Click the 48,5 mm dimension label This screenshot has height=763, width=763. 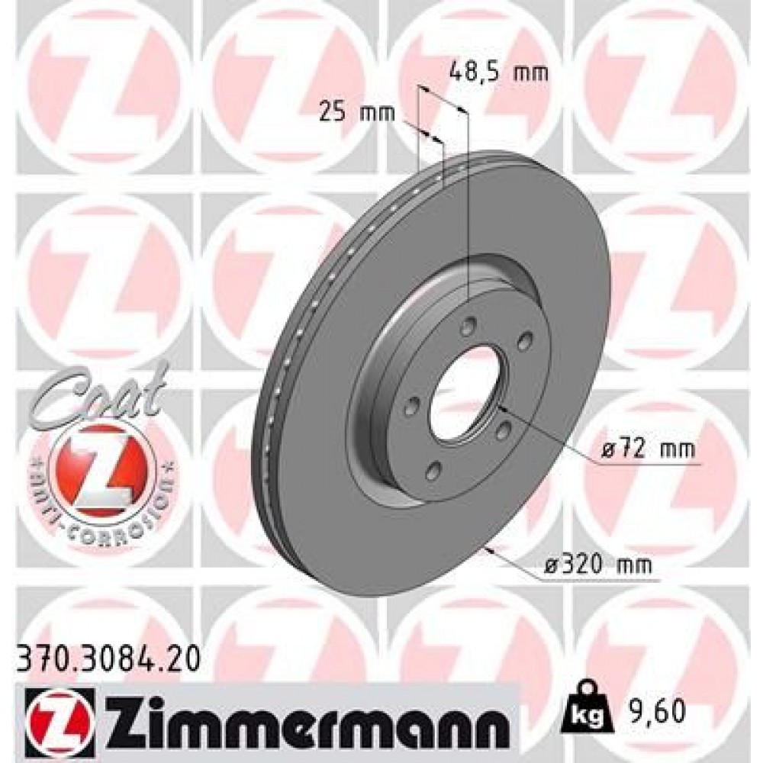497,74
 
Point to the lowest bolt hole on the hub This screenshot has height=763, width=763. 433,473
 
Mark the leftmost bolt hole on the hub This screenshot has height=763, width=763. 411,405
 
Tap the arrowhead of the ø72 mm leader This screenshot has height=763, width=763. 500,412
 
